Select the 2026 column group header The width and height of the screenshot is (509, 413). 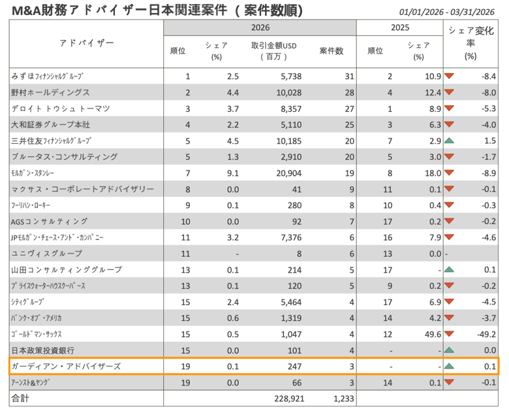click(260, 28)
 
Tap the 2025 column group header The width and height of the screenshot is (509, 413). click(399, 28)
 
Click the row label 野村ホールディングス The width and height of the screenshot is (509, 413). click(51, 93)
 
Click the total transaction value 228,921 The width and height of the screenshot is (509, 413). click(282, 397)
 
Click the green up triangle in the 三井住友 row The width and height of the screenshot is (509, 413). click(449, 141)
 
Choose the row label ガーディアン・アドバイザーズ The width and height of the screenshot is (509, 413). click(66, 366)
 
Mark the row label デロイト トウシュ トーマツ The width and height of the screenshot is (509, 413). click(61, 108)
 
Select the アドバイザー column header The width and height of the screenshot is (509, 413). click(86, 43)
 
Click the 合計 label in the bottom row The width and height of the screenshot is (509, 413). click(20, 397)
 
